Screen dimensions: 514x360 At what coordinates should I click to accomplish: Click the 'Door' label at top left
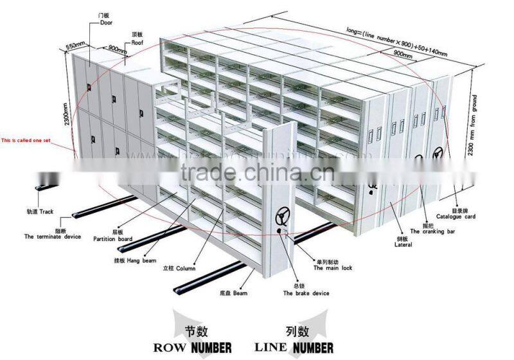[x=106, y=22]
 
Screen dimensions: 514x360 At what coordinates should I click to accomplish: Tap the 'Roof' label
[x=137, y=42]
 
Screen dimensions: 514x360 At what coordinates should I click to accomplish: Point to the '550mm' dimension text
[x=75, y=48]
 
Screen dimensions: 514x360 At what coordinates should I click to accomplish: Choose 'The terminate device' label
[x=53, y=237]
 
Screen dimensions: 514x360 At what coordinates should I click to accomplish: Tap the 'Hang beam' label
[x=136, y=260]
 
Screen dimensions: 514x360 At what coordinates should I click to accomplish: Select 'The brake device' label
[x=306, y=293]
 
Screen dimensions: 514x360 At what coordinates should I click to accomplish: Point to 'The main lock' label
[x=332, y=268]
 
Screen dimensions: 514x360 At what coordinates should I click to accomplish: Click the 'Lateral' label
[x=403, y=244]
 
